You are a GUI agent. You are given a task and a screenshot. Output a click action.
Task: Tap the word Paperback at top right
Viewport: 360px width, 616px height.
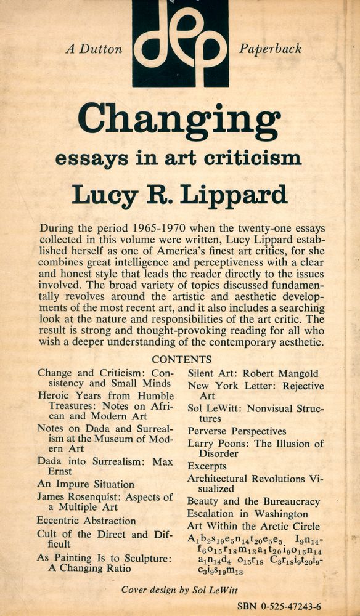(x=270, y=49)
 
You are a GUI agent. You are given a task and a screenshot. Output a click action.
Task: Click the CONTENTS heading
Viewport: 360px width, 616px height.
(x=181, y=359)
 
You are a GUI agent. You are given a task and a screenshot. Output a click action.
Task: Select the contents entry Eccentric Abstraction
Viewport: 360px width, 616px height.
(x=86, y=521)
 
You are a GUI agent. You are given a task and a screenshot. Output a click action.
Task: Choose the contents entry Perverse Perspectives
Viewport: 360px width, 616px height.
(x=237, y=431)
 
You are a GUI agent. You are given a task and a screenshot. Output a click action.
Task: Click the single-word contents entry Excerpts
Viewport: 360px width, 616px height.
(x=207, y=466)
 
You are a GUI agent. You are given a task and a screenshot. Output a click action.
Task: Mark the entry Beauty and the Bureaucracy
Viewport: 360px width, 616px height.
(x=253, y=501)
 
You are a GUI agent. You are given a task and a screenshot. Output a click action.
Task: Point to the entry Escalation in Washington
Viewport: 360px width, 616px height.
(x=247, y=514)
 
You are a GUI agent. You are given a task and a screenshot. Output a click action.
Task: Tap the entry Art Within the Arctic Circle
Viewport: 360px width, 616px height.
(x=253, y=526)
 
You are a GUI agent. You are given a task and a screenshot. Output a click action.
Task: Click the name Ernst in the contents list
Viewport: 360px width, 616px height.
(x=60, y=472)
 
